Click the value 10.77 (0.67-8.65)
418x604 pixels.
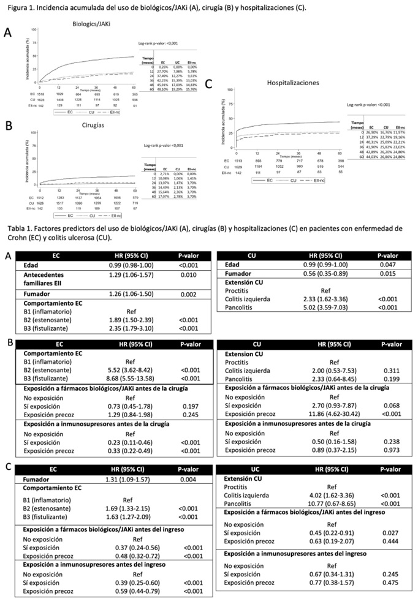[333, 505]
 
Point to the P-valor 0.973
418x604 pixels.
[387, 449]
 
